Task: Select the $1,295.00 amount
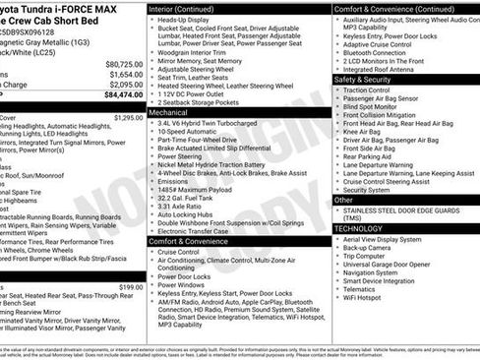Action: tap(129, 118)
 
